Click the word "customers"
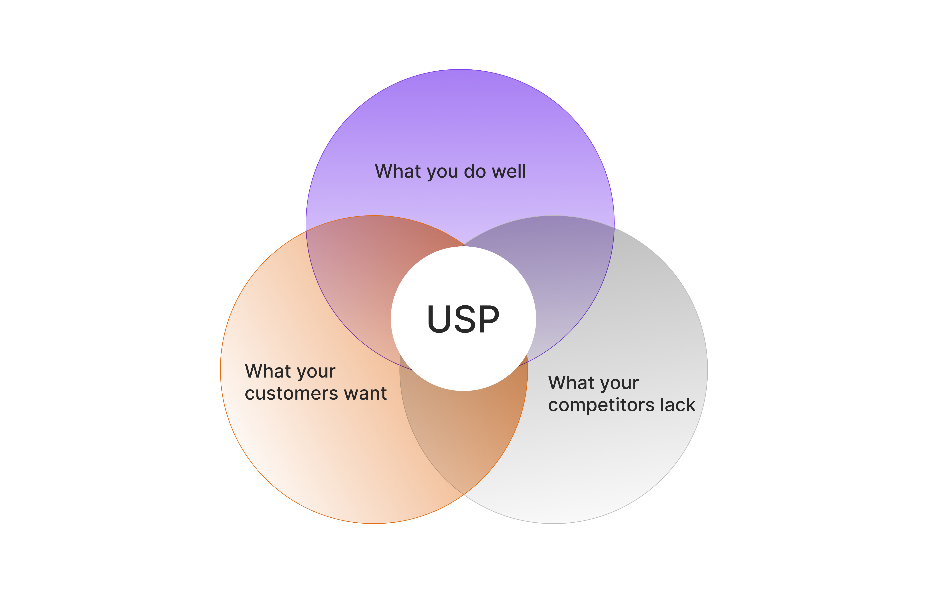pyautogui.click(x=291, y=394)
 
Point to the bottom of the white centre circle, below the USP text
pyautogui.click(x=463, y=370)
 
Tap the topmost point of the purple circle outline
pyautogui.click(x=460, y=70)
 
